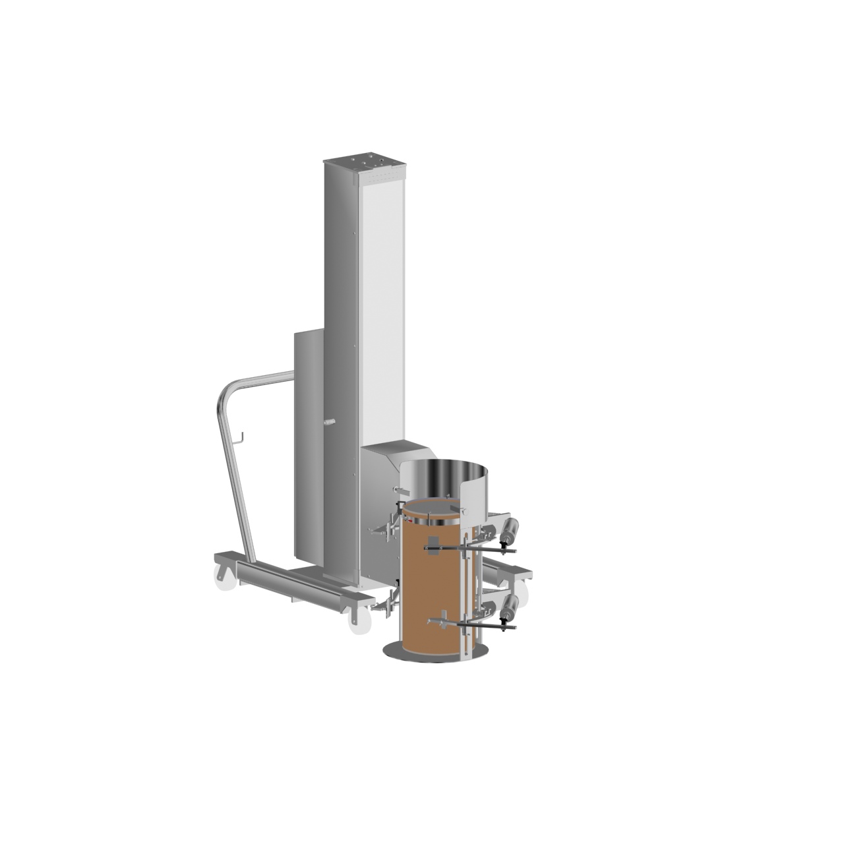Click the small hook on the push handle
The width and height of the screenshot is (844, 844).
242,437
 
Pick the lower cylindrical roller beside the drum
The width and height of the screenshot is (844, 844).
510,606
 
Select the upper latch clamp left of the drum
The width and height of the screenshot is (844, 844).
385,527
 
